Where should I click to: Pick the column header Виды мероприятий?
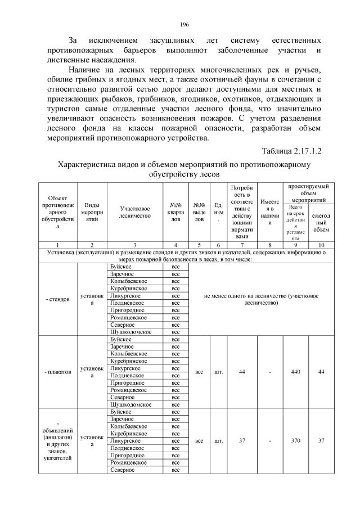[x=92, y=211]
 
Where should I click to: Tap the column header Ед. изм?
[x=218, y=211]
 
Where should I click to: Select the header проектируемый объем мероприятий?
[x=308, y=193]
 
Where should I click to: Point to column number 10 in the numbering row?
[x=321, y=245]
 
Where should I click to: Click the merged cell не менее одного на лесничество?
[x=259, y=299]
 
